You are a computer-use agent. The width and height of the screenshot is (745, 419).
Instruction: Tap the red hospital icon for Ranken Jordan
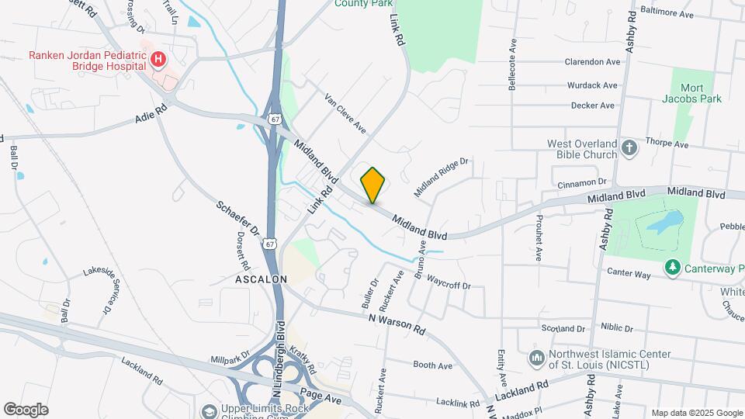click(x=158, y=59)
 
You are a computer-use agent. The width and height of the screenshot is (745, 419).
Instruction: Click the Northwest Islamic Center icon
click(x=535, y=358)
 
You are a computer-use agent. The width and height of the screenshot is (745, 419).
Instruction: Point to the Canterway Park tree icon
click(x=672, y=268)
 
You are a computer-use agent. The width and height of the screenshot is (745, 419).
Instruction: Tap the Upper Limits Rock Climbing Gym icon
click(x=208, y=411)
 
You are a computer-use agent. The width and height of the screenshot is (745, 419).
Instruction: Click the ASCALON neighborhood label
click(x=262, y=278)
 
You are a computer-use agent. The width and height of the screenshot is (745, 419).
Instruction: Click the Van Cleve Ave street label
click(x=345, y=113)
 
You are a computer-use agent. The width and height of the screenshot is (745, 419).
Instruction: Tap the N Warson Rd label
click(x=397, y=324)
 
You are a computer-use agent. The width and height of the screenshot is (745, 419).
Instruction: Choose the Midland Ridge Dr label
click(x=442, y=177)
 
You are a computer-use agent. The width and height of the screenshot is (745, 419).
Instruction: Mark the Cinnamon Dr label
click(x=581, y=182)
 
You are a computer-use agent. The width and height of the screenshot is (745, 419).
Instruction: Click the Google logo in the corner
click(x=26, y=409)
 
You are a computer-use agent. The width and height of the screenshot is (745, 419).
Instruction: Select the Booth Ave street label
click(x=432, y=365)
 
